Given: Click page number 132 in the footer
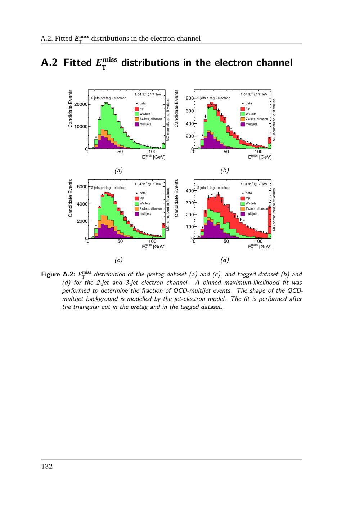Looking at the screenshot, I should tap(47, 467).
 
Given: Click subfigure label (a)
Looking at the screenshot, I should tap(118, 170).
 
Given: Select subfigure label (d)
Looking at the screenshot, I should tap(224, 260).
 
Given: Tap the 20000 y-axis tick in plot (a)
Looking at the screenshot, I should tap(81, 104).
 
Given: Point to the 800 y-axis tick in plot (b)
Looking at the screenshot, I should tap(190, 98).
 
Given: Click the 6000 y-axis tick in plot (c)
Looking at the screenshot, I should tap(82, 187).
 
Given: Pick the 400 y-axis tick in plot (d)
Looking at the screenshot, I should tap(190, 190).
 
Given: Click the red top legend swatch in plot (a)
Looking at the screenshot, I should tap(137, 109).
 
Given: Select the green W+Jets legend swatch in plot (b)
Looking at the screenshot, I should tap(243, 114).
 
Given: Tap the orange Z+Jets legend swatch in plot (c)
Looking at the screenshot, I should tap(137, 209).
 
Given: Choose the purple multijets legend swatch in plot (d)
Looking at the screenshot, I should tap(243, 214).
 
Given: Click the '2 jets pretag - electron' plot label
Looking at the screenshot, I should tap(108, 98).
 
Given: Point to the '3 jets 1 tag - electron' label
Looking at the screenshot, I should tap(214, 188).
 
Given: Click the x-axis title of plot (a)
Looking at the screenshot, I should tap(154, 157).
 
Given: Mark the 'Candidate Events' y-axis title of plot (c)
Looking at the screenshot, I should tap(71, 198).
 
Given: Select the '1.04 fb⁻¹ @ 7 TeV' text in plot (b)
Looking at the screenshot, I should tap(254, 94).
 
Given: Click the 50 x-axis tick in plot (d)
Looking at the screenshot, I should tap(226, 241).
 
